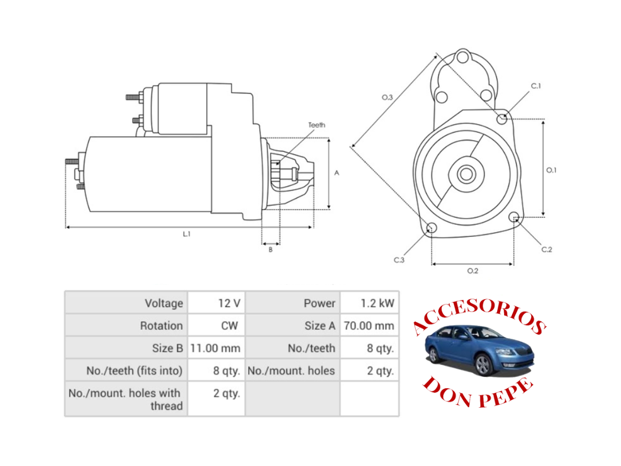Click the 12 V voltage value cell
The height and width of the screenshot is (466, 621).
click(229, 303)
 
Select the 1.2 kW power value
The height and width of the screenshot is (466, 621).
click(377, 303)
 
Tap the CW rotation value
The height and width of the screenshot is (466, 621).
click(229, 326)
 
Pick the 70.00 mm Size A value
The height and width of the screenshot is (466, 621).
click(369, 326)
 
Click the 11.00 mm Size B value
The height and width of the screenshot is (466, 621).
click(215, 348)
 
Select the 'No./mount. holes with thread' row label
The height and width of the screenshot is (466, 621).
click(125, 399)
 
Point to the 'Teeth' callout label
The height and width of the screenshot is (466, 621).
click(317, 125)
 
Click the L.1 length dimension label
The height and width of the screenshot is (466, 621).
click(187, 234)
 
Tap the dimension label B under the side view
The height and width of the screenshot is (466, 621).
click(271, 250)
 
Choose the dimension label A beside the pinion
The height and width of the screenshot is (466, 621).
click(337, 173)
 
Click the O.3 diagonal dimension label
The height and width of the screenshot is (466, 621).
click(387, 98)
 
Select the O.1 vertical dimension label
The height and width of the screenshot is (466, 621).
click(552, 170)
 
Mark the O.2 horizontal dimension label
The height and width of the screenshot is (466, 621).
click(473, 271)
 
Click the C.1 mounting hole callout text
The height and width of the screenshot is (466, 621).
click(536, 86)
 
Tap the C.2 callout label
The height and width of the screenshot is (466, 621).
click(547, 250)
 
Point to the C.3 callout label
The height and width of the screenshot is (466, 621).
click(399, 260)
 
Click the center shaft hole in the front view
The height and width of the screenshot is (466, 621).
click(466, 174)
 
